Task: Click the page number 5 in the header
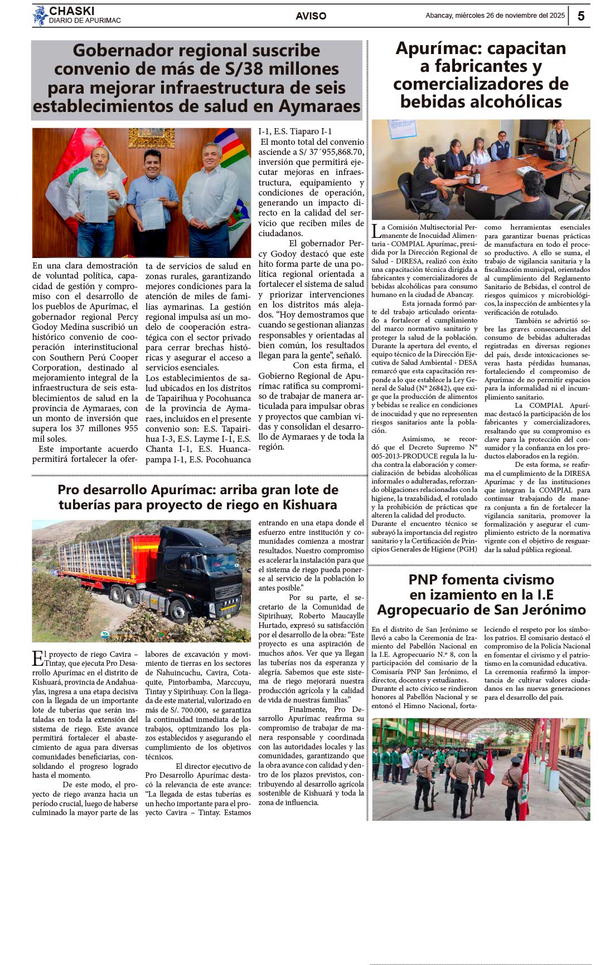tap(580, 16)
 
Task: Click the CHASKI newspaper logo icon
tap(40, 16)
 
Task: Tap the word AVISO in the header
tap(311, 16)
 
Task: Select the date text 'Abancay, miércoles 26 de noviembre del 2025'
tap(495, 16)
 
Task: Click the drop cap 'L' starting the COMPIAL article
tap(376, 230)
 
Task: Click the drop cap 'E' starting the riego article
tap(37, 658)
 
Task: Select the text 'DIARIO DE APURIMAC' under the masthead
tap(85, 21)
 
